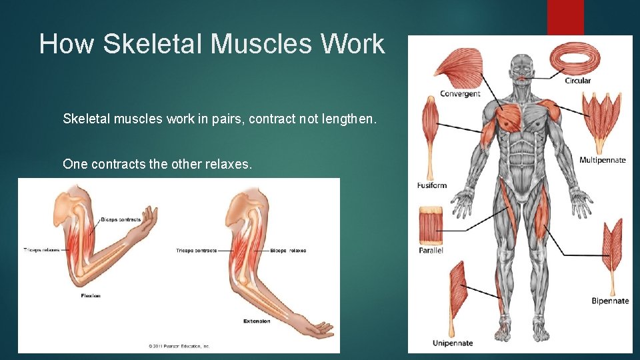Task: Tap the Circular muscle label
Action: pos(577,81)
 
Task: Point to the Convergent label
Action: pos(460,94)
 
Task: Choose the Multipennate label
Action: pos(602,160)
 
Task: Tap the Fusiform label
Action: pos(432,185)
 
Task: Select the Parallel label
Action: pos(431,251)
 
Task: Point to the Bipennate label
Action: pos(610,301)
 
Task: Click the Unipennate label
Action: pos(452,343)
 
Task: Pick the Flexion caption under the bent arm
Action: pos(91,295)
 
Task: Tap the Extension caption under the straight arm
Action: pos(257,321)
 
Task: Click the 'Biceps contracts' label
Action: pos(121,220)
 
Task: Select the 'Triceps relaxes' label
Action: pos(41,250)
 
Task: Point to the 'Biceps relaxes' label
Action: pos(288,251)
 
